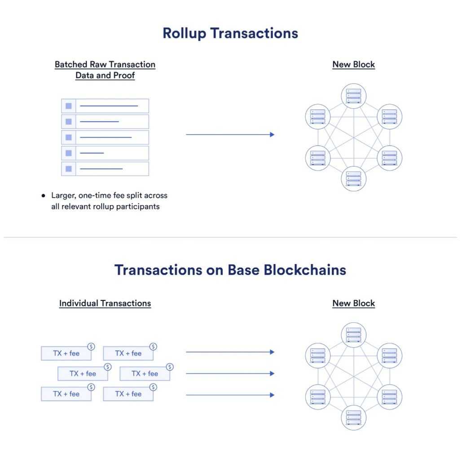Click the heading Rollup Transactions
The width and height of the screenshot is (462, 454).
click(230, 33)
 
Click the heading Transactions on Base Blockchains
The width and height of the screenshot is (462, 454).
click(230, 270)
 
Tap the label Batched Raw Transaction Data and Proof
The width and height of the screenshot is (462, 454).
click(105, 70)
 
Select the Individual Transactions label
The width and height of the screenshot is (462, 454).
click(105, 303)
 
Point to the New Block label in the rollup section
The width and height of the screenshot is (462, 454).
click(353, 64)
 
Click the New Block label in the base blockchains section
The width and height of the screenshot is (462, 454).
click(353, 303)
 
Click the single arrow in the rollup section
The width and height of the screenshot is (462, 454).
click(230, 134)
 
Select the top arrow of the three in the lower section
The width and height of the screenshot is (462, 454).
click(230, 352)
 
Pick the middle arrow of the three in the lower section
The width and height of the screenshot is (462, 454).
click(230, 373)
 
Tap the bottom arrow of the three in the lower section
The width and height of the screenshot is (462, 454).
click(230, 395)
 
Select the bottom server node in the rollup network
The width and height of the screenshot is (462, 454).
click(354, 178)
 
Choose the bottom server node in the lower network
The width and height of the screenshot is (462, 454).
click(354, 417)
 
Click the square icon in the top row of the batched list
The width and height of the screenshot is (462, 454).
click(69, 106)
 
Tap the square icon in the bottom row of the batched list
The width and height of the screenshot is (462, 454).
click(69, 169)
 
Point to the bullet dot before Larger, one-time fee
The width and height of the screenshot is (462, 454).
click(44, 196)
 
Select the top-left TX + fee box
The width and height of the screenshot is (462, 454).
click(66, 353)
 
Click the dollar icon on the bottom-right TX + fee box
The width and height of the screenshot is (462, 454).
click(153, 387)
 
